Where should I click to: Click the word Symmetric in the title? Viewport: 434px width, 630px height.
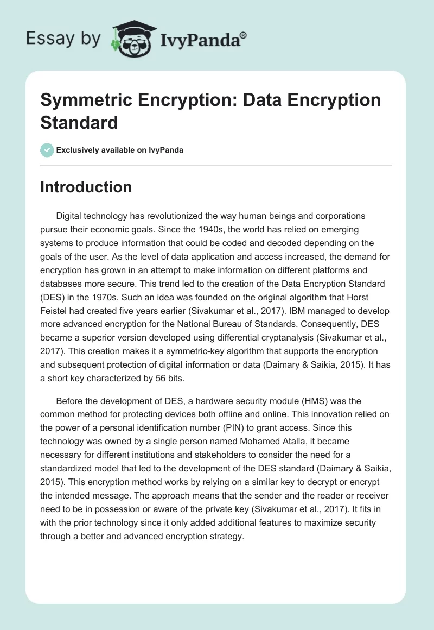pos(83,100)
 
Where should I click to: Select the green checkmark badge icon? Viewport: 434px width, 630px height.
pos(47,150)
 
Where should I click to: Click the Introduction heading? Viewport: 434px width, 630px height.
pos(86,187)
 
